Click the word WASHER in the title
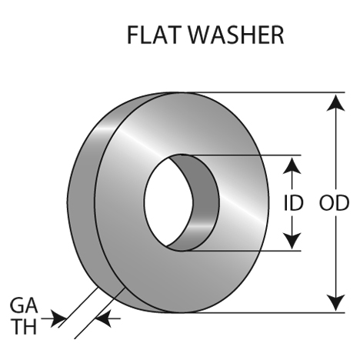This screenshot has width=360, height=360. pos(237,35)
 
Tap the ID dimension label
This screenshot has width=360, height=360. pos(294,203)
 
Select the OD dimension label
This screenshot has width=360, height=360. pos(334,203)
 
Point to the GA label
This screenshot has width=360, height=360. pos(24,305)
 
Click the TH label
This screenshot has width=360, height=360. pos(25,326)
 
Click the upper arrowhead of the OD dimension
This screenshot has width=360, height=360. pos(335,102)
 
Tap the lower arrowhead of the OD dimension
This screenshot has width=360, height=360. pos(335,303)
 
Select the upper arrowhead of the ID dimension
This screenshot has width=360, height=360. pos(292,165)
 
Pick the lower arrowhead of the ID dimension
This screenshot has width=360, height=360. pos(292,241)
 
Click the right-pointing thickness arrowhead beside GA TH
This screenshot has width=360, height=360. pos(58,318)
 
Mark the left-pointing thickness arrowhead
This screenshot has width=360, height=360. pos(103,318)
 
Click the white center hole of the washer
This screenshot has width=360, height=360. pos(168,202)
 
